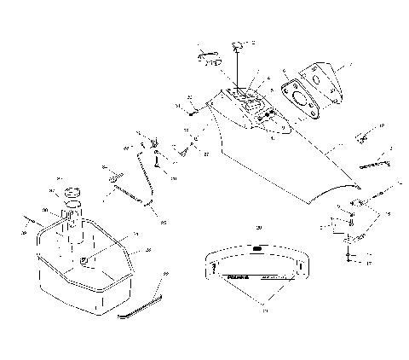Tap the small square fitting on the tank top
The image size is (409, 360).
(85, 258)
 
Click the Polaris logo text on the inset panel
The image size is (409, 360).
(225, 276)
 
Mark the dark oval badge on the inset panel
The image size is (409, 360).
(257, 250)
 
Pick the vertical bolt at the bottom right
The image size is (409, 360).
(348, 252)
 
